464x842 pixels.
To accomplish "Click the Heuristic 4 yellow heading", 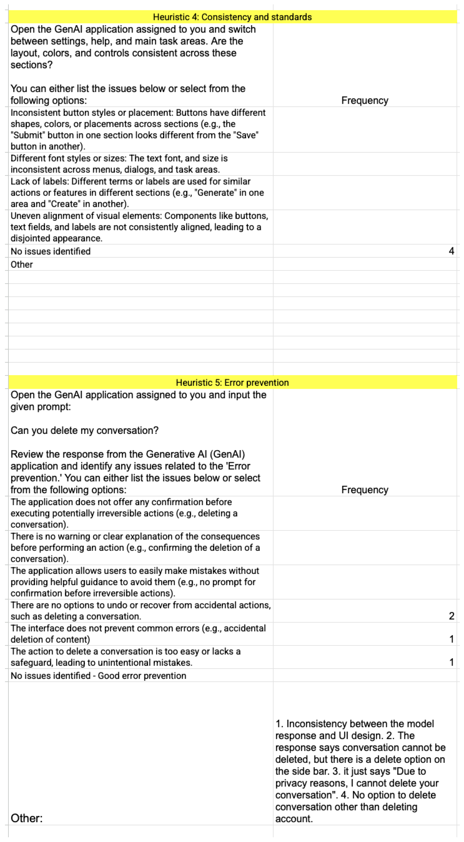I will click(232, 17).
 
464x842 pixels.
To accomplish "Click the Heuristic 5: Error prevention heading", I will click(232, 382).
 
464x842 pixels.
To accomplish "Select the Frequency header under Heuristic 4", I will click(365, 100).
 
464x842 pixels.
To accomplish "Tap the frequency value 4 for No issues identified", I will click(451, 251).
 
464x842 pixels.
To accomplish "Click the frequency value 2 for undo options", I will click(451, 616).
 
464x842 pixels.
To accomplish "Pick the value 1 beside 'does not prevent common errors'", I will click(451, 639).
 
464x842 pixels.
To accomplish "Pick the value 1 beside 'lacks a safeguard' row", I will click(451, 662).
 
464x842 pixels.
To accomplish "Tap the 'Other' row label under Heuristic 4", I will click(22, 264).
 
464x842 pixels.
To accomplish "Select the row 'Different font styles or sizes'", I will click(119, 164).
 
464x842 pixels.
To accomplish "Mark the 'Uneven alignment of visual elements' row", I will click(139, 227).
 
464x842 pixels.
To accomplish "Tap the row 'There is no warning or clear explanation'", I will click(135, 547).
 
